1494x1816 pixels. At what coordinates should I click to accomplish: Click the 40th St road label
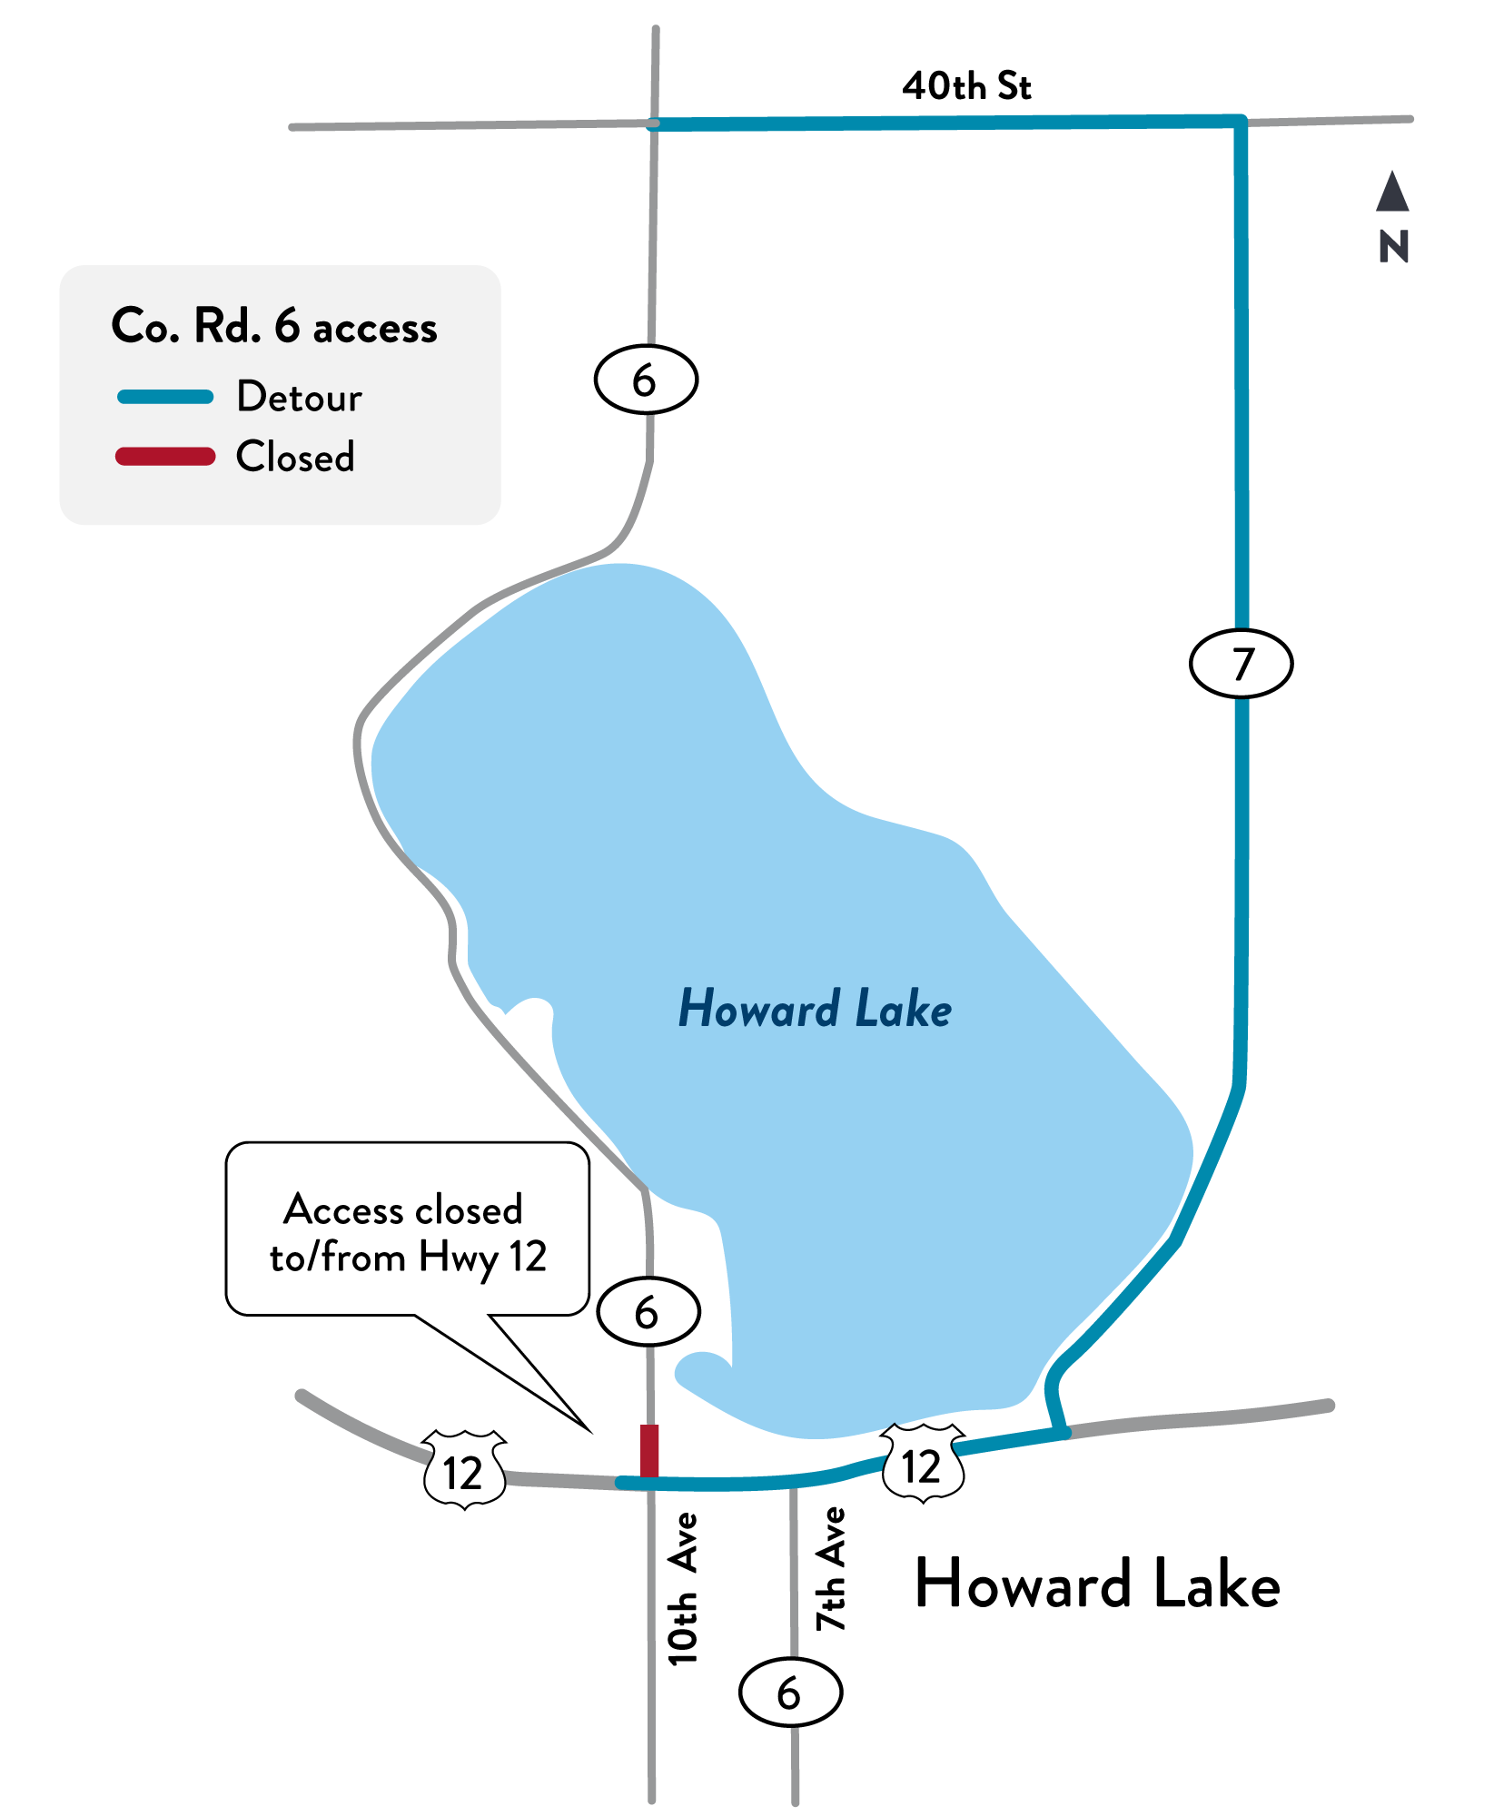[966, 86]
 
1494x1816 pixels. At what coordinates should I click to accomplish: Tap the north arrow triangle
[1392, 193]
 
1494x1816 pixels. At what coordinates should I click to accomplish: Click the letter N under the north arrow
[1393, 247]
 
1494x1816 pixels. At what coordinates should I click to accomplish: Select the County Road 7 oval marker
[1241, 664]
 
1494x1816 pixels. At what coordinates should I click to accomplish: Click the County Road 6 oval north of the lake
[646, 380]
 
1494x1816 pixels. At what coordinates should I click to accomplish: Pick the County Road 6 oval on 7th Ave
[791, 1692]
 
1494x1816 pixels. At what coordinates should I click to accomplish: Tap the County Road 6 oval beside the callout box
[648, 1312]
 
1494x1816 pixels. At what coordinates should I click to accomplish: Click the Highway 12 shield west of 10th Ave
[464, 1470]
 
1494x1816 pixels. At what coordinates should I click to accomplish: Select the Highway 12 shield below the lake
[923, 1463]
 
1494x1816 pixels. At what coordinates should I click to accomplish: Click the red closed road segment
[649, 1450]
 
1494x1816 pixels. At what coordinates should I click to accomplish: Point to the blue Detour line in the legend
[165, 397]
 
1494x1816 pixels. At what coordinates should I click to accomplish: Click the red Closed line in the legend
[165, 456]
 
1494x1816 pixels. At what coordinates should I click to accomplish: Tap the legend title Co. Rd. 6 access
[274, 326]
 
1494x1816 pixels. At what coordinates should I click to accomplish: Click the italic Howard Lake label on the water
[815, 1009]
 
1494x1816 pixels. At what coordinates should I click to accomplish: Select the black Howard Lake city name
[1097, 1584]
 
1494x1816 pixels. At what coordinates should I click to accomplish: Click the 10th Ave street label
[683, 1589]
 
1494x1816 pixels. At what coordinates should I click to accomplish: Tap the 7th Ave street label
[831, 1569]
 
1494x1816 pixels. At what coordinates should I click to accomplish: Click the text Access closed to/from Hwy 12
[408, 1233]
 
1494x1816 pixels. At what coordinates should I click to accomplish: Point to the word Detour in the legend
[299, 397]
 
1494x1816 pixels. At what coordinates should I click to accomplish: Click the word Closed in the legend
[295, 456]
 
